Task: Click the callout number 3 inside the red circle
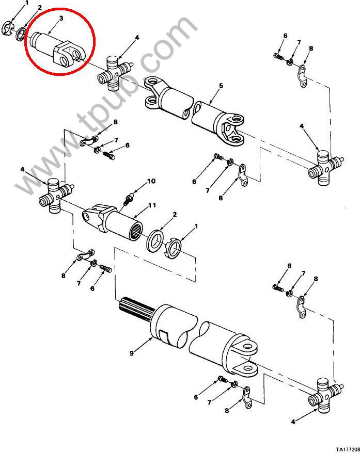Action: click(61, 18)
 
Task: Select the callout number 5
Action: click(221, 86)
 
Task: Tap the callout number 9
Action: click(132, 353)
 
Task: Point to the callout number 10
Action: click(151, 181)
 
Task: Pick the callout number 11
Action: click(152, 205)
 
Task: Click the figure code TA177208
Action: click(347, 449)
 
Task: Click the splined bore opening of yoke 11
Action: click(136, 232)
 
